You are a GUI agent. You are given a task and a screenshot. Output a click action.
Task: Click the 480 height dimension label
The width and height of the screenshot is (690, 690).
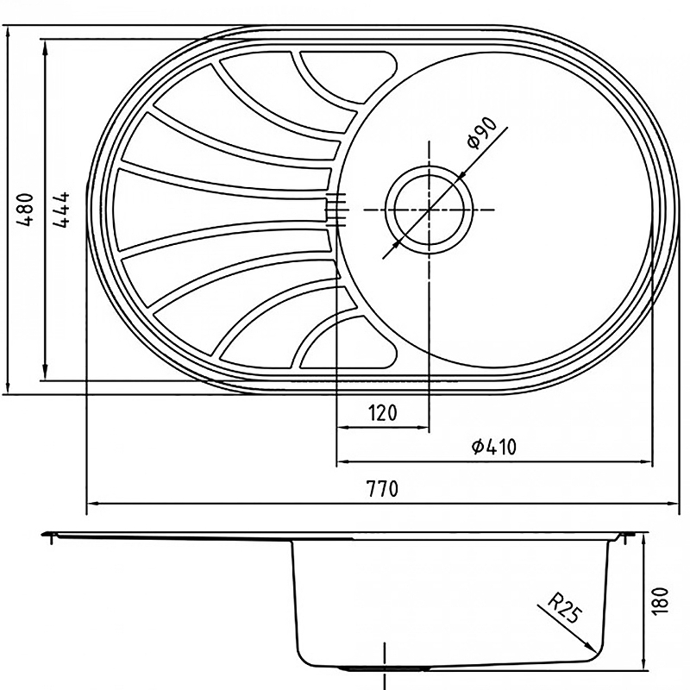click(x=25, y=209)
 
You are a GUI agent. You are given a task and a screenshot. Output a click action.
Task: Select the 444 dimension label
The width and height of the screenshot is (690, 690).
click(x=61, y=209)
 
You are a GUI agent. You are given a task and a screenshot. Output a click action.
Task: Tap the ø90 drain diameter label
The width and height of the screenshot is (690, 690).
click(x=482, y=133)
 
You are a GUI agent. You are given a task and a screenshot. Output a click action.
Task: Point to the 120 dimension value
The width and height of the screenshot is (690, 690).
click(x=382, y=413)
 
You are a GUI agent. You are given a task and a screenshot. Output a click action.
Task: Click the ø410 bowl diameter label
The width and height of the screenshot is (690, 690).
click(x=493, y=447)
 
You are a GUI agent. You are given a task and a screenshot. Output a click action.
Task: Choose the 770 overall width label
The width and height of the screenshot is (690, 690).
click(x=382, y=488)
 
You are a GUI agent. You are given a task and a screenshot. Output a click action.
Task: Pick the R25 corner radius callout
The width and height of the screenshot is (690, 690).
click(x=565, y=609)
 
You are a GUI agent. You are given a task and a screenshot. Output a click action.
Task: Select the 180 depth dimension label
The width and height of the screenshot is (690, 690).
click(x=661, y=600)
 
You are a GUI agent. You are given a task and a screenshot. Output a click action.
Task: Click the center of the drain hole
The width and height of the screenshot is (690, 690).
click(x=429, y=210)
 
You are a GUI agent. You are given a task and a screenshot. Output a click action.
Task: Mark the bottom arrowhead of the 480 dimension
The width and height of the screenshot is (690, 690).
click(x=8, y=386)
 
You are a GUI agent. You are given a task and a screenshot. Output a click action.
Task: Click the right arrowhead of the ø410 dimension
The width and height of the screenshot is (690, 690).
click(x=643, y=461)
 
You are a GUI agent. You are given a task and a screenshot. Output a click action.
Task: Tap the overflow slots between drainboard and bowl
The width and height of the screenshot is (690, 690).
click(x=337, y=210)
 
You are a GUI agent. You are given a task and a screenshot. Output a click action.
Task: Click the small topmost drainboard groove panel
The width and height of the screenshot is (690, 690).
click(x=348, y=75)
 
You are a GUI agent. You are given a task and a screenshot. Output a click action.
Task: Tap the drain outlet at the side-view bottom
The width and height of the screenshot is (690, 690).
click(x=385, y=668)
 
